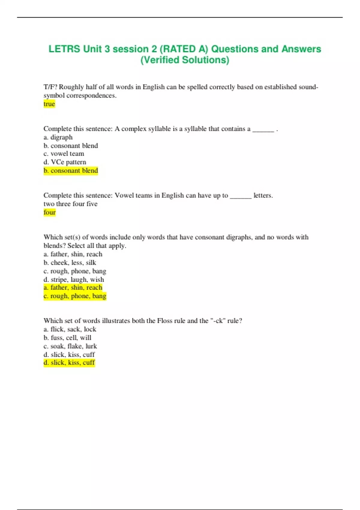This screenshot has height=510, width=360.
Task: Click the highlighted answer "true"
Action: point(49,104)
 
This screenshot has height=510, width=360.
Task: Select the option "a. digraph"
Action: point(58,137)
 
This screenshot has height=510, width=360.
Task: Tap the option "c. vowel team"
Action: point(64,154)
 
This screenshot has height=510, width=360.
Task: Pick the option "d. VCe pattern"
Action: point(65,162)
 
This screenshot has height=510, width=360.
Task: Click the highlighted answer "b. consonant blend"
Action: point(71,171)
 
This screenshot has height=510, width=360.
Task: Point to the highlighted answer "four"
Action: point(49,212)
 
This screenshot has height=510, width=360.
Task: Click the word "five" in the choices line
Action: point(92,204)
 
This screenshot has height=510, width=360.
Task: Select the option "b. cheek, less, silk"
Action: point(70,262)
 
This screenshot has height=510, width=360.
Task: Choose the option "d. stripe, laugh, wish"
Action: point(74,279)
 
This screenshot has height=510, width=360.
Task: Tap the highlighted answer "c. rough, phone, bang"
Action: point(75,296)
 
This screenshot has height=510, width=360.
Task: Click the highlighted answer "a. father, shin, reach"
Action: point(73,287)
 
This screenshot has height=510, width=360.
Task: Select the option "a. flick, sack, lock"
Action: point(70,329)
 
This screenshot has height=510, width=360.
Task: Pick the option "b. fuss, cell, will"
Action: point(67,337)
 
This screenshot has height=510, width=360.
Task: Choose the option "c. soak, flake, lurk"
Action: point(70,346)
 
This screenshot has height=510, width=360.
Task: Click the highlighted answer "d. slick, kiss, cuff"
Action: point(69,363)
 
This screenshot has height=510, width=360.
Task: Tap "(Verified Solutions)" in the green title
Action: point(185,60)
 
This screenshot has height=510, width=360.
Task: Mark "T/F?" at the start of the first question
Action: point(50,87)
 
